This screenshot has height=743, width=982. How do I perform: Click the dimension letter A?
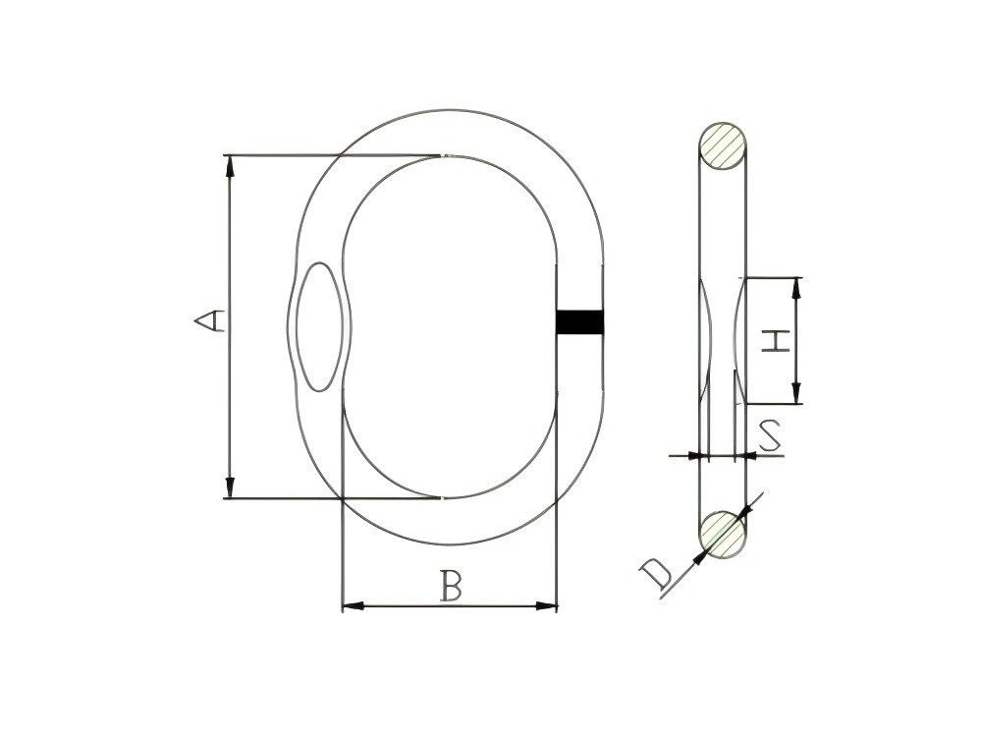[209, 320]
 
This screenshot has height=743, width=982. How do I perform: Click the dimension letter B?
[450, 587]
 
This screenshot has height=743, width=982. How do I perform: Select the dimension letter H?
[776, 341]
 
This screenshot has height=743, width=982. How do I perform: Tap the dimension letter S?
[772, 435]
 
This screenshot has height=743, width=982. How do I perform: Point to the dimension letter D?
[655, 573]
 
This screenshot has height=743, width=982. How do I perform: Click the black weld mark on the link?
[579, 321]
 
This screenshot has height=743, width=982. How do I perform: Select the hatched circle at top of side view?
[722, 147]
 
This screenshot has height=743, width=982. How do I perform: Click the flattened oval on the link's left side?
[321, 323]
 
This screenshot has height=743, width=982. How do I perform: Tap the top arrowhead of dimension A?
[231, 166]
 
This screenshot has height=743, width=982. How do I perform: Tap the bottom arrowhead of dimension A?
[231, 487]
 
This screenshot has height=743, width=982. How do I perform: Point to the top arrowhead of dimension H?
[796, 287]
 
